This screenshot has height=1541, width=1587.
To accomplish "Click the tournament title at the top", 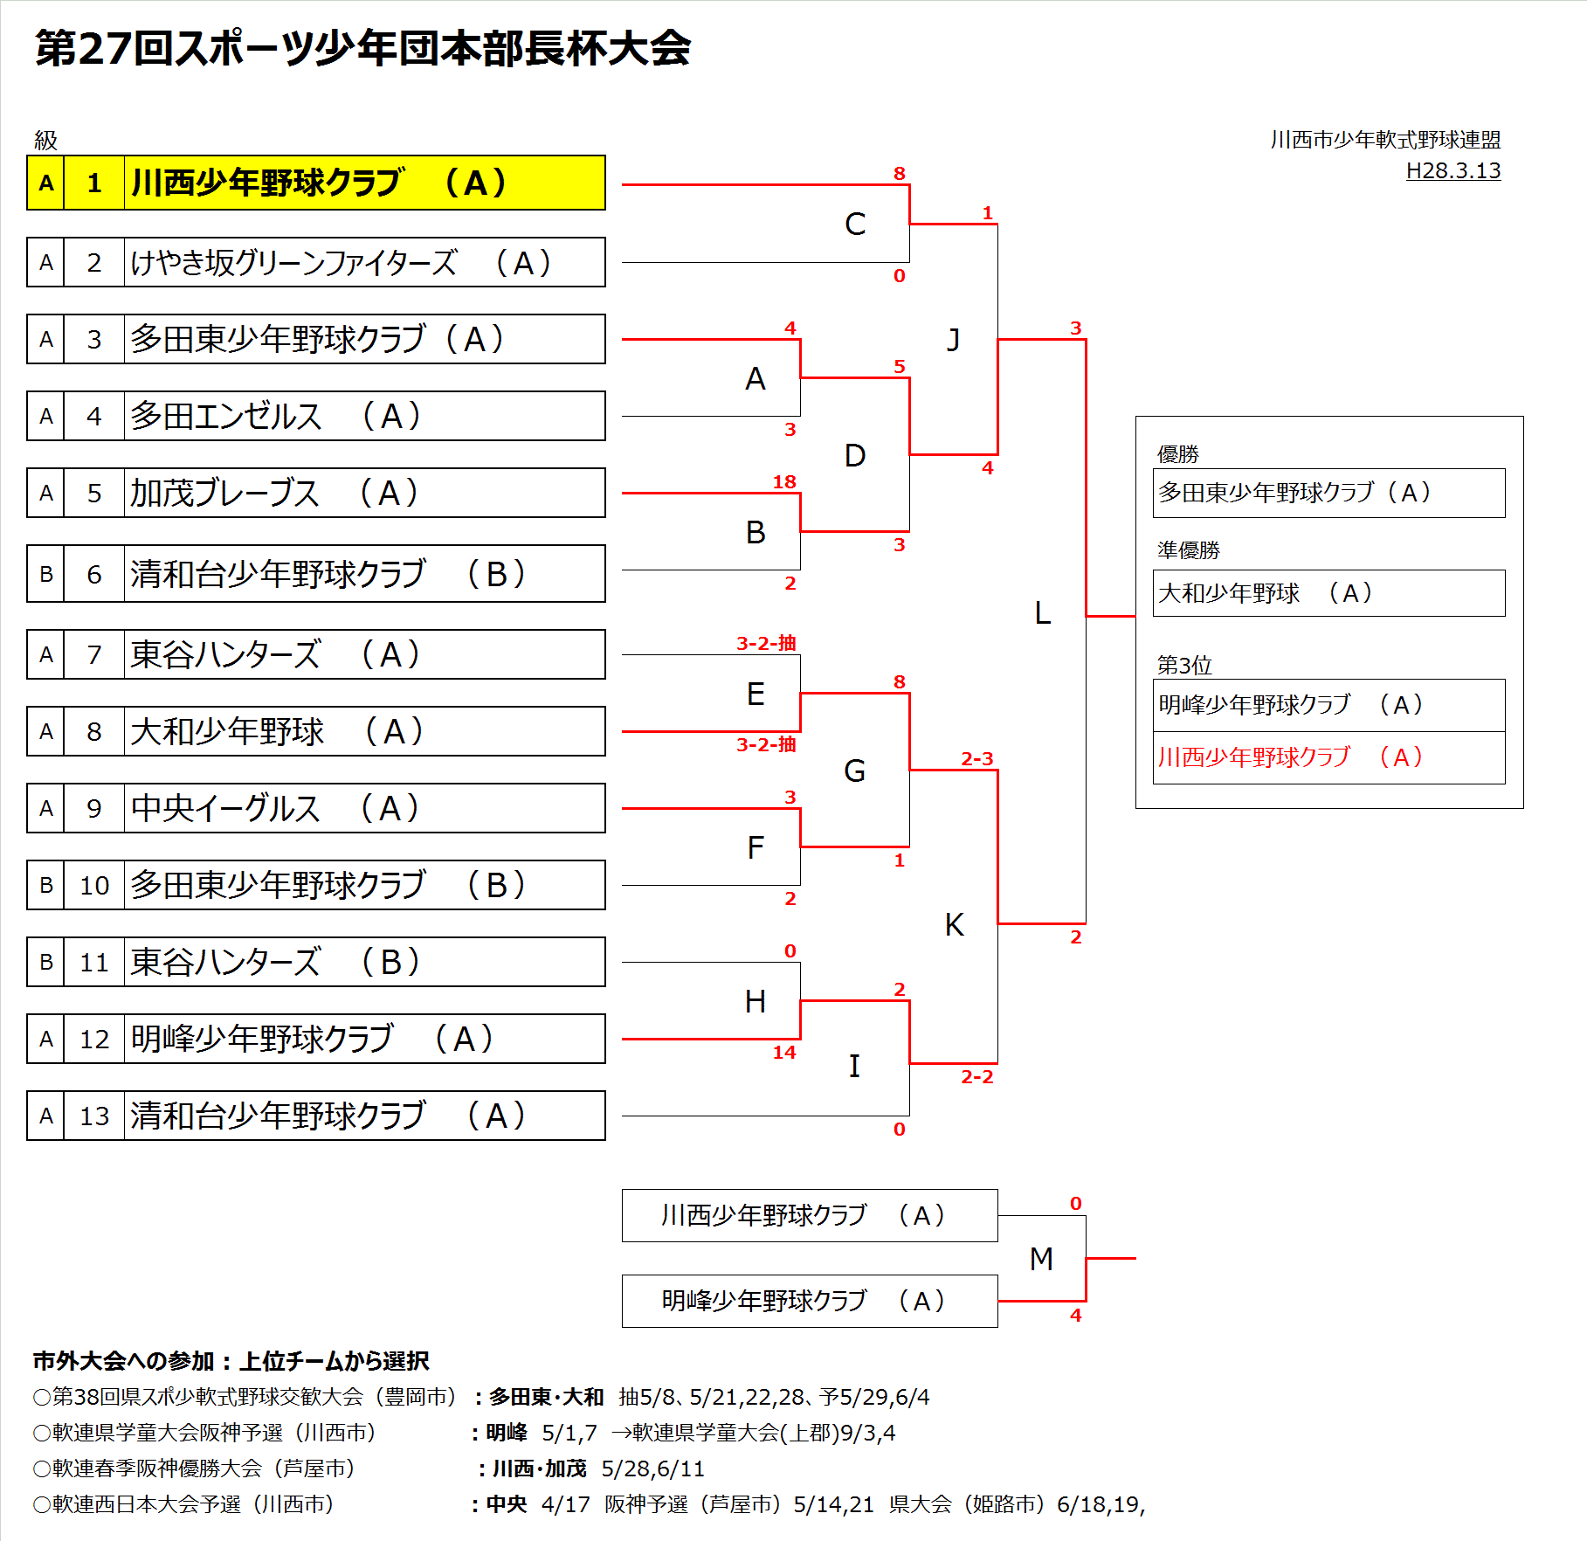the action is coord(362,48).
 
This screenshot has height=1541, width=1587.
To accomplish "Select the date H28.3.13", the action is coord(1452,170).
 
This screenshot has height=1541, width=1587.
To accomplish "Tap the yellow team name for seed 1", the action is coord(320,183).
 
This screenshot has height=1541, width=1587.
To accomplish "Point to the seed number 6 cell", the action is coord(94,574).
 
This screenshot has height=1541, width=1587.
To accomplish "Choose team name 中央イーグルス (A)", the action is coord(276,808).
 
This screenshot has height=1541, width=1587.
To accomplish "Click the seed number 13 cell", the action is coord(94,1116).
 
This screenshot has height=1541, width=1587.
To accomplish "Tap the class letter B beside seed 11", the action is coord(46,962).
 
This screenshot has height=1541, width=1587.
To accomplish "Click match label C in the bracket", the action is coord(855,224).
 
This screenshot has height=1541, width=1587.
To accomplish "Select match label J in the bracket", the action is coord(954,339).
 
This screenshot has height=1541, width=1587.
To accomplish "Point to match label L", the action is coord(1042,612).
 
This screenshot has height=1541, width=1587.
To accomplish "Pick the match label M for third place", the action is coord(1041,1258).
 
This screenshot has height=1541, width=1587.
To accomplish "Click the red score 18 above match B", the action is coord(784,481).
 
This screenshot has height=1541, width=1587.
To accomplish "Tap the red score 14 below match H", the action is coord(784,1052).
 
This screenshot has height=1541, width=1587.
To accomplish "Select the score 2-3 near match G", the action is coord(976,758).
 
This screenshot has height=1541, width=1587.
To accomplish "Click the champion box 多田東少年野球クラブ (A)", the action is coord(1328,493).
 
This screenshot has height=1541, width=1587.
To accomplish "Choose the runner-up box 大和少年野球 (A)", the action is coord(1328,593).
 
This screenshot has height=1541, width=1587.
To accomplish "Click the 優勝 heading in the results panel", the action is coord(1177,454).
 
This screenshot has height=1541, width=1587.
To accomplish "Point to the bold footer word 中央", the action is coord(507,1503).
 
